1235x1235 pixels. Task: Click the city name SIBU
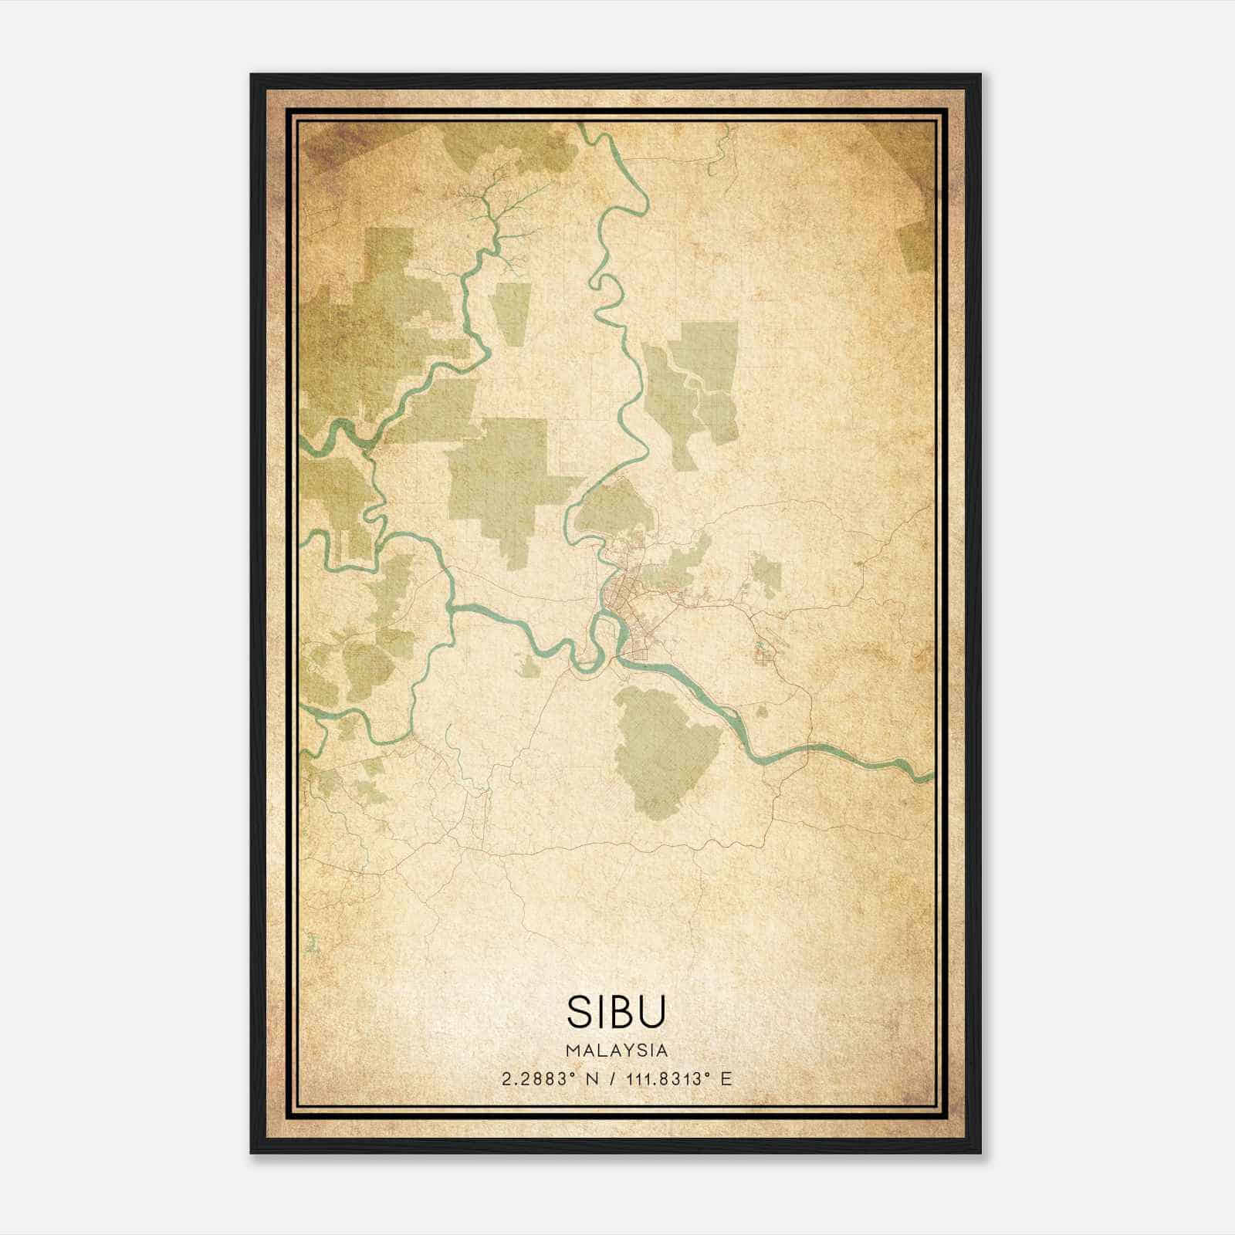tap(616, 1012)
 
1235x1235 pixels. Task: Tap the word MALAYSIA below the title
tap(617, 1051)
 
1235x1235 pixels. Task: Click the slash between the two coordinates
tap(613, 1079)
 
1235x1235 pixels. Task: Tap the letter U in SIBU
tap(650, 1012)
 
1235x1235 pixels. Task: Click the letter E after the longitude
tap(725, 1079)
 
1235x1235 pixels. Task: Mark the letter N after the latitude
tap(592, 1079)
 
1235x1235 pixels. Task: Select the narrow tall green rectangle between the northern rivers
tap(512, 312)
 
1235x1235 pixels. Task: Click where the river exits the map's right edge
tap(930, 774)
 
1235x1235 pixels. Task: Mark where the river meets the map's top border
tap(584, 126)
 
